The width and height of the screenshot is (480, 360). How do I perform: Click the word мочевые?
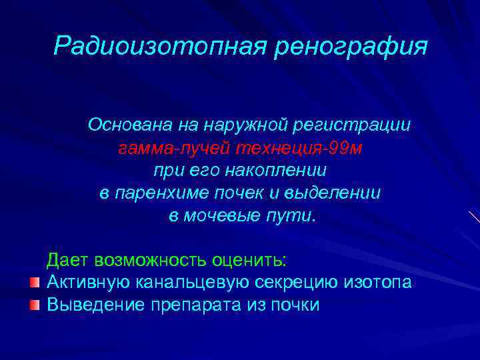point(219,217)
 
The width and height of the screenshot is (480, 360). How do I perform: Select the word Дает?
point(67,259)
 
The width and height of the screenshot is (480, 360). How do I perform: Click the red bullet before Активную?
point(35,283)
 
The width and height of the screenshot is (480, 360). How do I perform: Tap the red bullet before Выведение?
point(35,305)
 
